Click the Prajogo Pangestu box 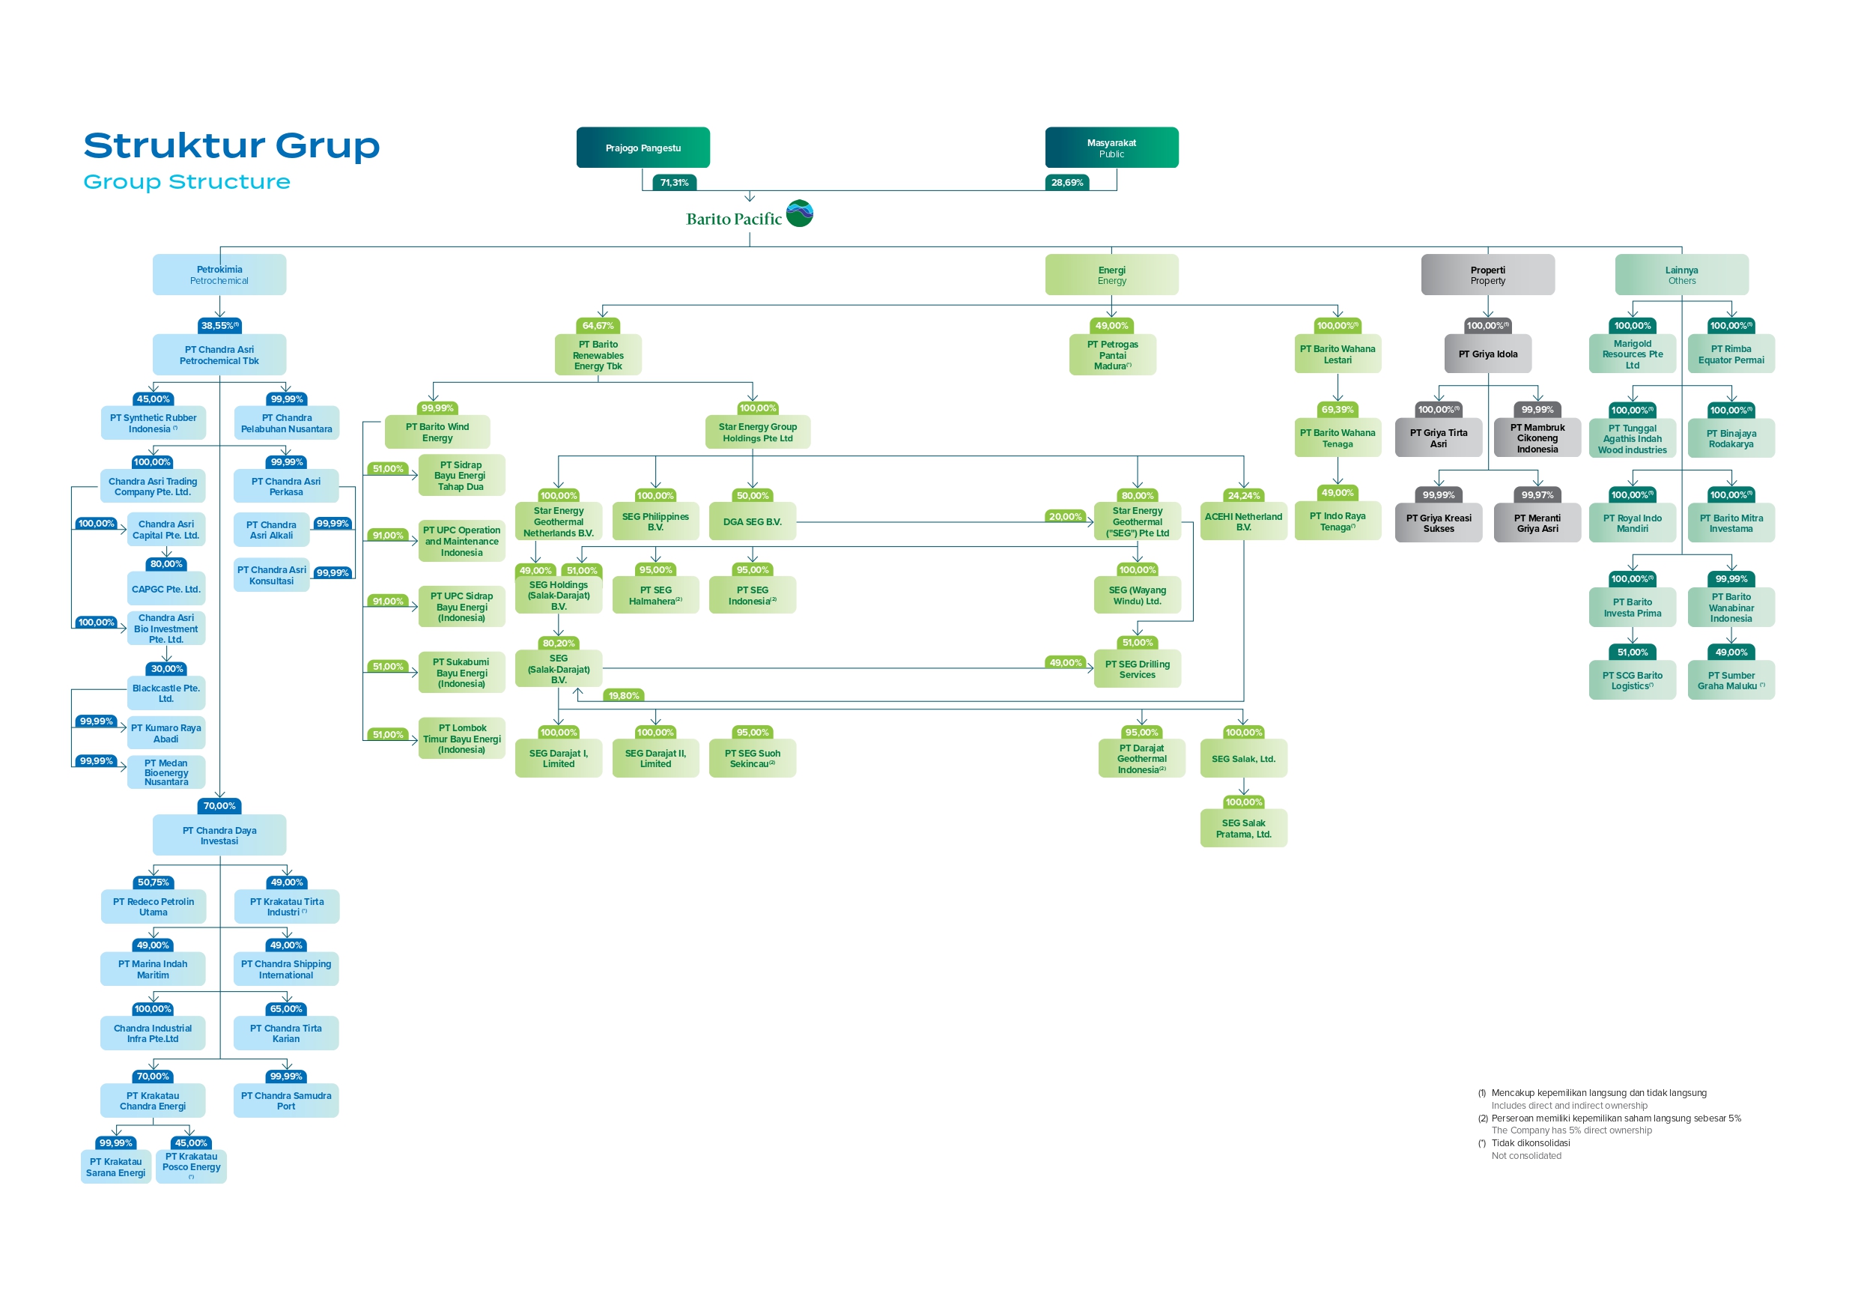pos(643,148)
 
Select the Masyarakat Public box pos(1111,148)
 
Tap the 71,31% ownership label pos(674,183)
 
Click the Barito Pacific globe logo pos(800,214)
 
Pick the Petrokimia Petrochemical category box pos(219,274)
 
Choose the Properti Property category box pos(1487,275)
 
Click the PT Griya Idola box pos(1487,354)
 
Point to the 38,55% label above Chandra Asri pos(219,325)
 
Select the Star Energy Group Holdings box pos(757,432)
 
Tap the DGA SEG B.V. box pos(752,521)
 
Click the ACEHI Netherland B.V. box pos(1243,521)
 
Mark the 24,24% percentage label pos(1243,495)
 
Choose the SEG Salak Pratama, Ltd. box pos(1243,829)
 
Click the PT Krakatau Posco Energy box pos(191,1166)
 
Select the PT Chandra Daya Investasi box pos(219,835)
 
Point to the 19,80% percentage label pos(623,695)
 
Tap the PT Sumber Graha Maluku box pos(1730,680)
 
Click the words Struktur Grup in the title pos(231,146)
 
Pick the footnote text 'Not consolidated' pos(1526,1155)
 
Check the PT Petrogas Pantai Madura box pos(1112,355)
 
